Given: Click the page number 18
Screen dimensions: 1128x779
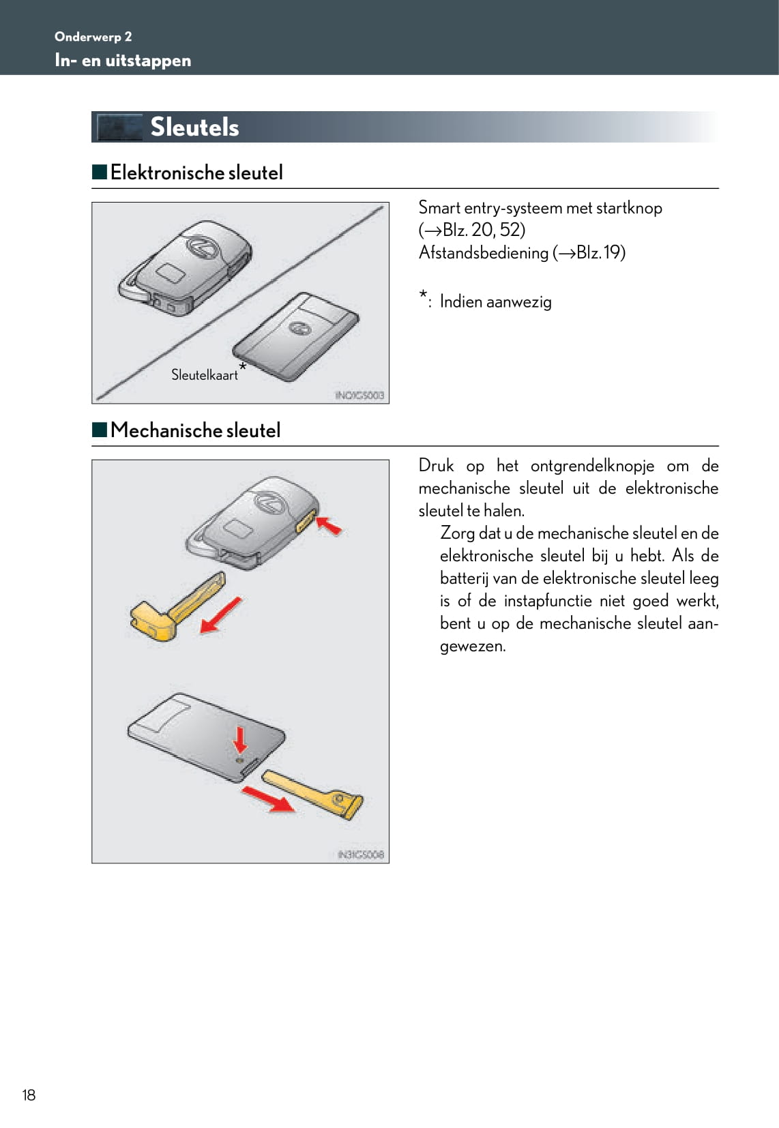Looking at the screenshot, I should tap(29, 1095).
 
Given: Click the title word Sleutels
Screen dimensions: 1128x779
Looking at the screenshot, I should tap(194, 128).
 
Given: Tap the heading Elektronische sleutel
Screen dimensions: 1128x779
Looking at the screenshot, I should tap(196, 173).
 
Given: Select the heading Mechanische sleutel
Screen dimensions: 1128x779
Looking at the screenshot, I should tap(195, 430).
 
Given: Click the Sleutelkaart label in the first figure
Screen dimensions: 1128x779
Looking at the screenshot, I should tap(204, 375).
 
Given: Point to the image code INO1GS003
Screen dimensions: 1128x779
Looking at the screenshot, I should tap(359, 395).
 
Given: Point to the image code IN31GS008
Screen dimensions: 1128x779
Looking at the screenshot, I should tap(361, 854).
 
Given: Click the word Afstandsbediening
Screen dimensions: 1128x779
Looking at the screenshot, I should tap(483, 253).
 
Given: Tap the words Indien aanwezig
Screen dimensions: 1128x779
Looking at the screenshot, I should tap(495, 301).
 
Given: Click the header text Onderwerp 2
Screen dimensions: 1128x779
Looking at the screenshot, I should tap(93, 37).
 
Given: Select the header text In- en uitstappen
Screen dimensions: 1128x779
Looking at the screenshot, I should tap(123, 61).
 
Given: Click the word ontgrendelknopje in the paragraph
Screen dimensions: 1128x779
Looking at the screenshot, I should tap(592, 466).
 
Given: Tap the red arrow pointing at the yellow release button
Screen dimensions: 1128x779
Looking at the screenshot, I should tap(330, 526).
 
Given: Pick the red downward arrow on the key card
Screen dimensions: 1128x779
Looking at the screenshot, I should tap(240, 739).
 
